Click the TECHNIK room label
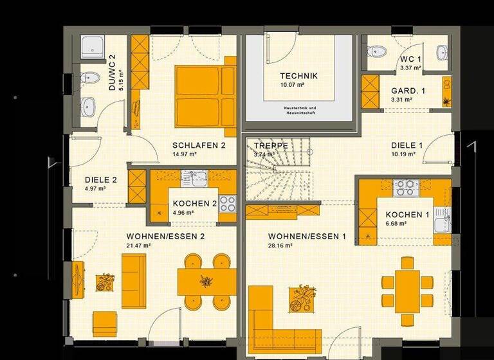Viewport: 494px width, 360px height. (x=298, y=76)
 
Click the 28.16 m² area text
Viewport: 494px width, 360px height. (x=280, y=246)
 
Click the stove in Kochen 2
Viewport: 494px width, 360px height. (x=228, y=204)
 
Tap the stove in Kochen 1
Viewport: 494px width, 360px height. (x=407, y=187)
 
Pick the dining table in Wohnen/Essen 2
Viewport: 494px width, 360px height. (x=206, y=280)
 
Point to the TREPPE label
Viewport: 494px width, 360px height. (x=270, y=146)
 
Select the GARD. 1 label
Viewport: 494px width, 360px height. (x=408, y=91)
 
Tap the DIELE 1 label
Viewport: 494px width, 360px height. (x=407, y=145)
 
